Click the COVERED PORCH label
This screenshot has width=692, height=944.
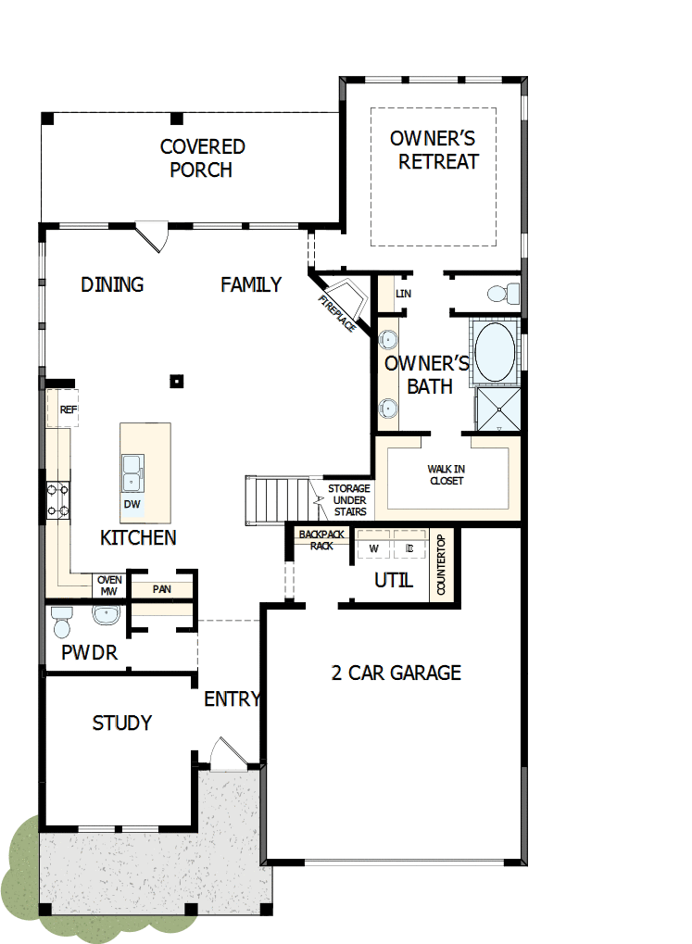[202, 158]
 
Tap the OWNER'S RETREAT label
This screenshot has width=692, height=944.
[433, 150]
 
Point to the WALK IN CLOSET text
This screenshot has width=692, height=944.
[447, 475]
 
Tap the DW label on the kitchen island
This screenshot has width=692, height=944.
[132, 504]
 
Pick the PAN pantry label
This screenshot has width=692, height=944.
[161, 588]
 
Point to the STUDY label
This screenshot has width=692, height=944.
[121, 723]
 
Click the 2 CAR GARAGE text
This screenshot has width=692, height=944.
[396, 673]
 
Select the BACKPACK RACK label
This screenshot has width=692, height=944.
[321, 540]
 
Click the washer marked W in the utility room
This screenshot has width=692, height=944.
[374, 548]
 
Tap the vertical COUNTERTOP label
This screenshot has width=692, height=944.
[442, 566]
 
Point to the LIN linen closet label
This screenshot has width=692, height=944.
[403, 294]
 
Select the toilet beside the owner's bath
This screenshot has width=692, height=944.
[502, 294]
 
